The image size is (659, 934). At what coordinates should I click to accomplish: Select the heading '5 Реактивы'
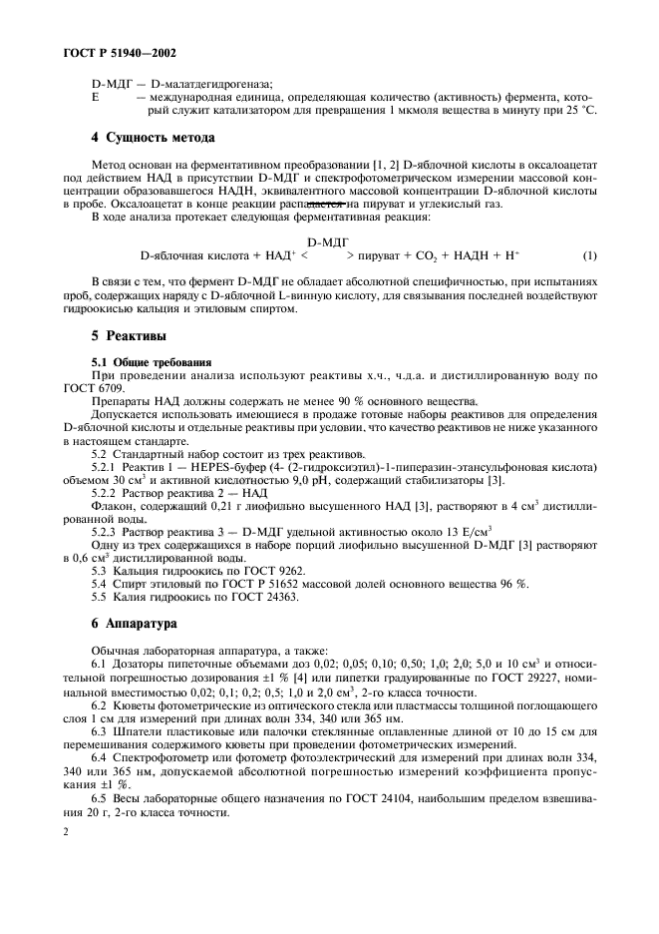[x=129, y=337]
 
